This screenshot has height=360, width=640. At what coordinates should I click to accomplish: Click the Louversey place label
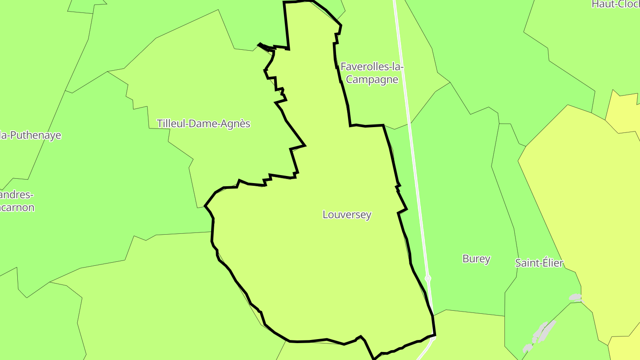coord(347,215)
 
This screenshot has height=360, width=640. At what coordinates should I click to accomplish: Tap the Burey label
coord(476,259)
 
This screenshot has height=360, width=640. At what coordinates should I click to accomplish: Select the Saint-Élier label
coord(539,263)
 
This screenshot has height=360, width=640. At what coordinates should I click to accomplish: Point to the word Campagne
coord(372,80)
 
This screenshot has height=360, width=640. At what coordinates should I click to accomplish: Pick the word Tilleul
coord(171,124)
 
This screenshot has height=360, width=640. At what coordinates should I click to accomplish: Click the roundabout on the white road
coord(428,279)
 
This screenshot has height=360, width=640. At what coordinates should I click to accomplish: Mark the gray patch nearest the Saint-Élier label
coord(575,297)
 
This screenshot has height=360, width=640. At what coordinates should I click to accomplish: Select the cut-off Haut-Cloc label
coord(616,4)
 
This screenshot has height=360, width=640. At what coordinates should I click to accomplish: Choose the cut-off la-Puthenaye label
coord(30,136)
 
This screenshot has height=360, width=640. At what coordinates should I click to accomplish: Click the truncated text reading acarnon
coord(17,207)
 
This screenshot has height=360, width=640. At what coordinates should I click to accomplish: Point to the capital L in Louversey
coord(325,215)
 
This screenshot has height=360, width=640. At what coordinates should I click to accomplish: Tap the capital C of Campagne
coord(349,80)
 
